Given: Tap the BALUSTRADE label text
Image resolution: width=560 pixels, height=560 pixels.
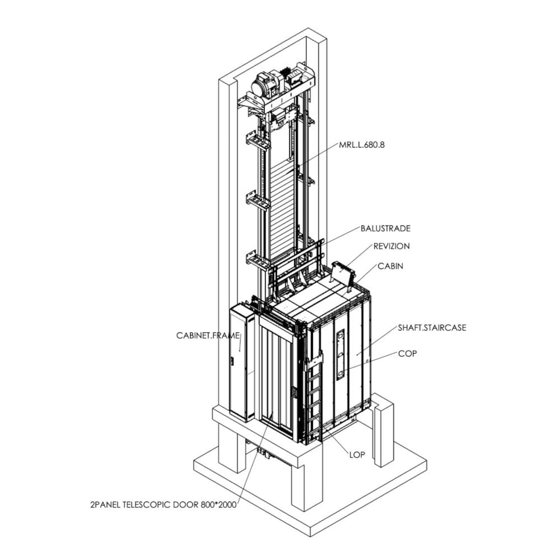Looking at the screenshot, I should point(385,228).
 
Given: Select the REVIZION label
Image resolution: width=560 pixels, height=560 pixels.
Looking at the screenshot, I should point(391,246).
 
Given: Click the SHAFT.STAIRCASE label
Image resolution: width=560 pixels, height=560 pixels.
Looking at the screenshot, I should point(432,328).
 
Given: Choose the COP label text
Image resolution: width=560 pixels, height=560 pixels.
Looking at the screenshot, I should point(407,353).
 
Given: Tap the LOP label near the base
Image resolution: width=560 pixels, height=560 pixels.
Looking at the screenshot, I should point(357,454).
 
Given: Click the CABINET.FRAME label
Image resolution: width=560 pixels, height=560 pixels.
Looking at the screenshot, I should point(208,336).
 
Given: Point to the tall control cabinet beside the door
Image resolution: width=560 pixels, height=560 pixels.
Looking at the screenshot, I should point(241,364).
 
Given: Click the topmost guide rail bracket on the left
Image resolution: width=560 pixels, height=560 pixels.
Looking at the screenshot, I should point(258,143).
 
